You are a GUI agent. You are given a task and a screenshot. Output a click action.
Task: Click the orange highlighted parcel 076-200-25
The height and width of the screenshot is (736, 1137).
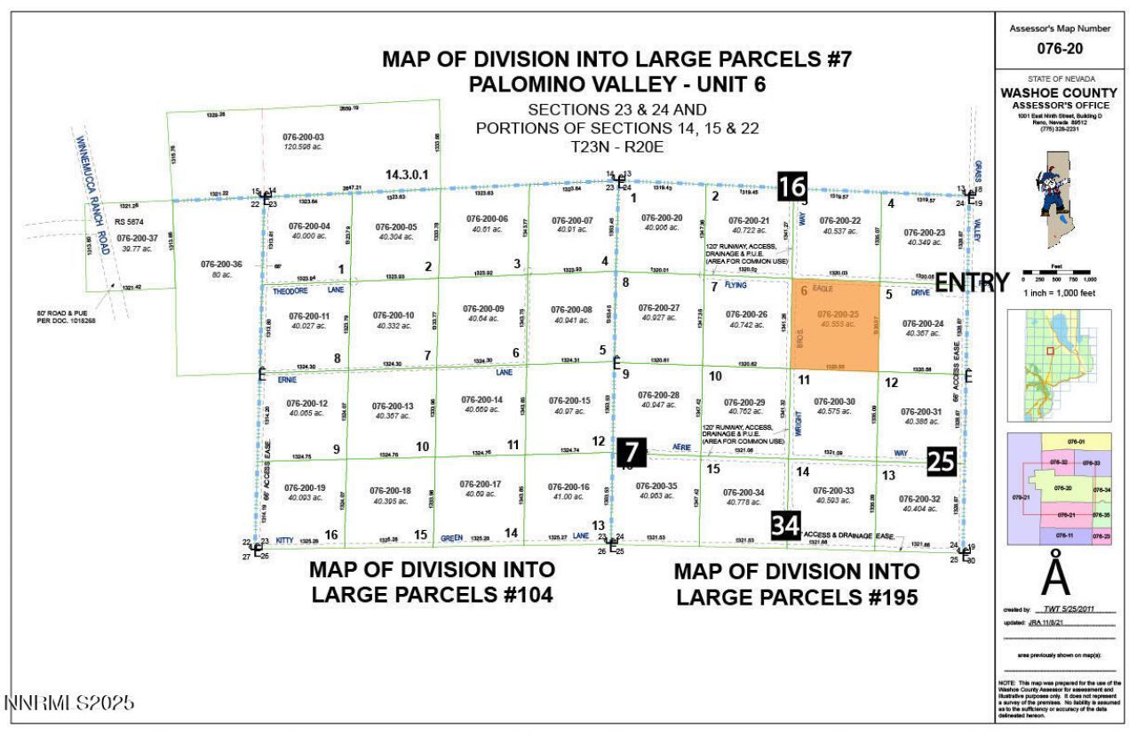point(834,325)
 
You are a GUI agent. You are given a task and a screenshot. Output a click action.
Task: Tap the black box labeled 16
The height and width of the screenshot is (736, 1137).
point(792,186)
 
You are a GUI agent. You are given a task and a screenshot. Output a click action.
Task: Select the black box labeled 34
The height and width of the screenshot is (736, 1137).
point(785,525)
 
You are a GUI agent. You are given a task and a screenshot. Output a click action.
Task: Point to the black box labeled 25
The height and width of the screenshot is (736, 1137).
point(942,461)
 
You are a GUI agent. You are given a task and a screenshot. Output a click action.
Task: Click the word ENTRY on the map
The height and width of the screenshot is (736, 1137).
point(973,282)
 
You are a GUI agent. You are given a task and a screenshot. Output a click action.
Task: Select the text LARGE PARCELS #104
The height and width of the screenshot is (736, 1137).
point(432,594)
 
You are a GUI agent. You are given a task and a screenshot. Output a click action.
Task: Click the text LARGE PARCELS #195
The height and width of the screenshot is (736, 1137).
point(797,597)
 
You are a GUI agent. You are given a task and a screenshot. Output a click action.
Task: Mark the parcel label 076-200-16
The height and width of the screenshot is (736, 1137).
point(568,487)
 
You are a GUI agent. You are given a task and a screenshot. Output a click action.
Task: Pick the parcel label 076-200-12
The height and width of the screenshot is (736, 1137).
point(306,403)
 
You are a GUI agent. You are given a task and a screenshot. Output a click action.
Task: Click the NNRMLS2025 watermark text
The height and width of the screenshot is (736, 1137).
point(70,703)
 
